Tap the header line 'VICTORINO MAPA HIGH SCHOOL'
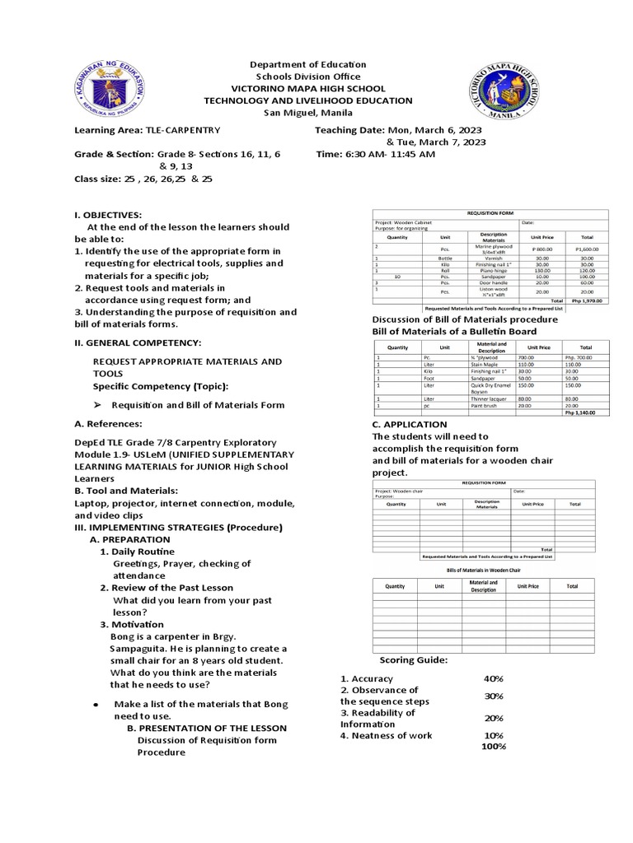[x=308, y=88]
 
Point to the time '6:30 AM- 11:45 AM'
[x=387, y=154]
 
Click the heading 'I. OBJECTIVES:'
[x=108, y=214]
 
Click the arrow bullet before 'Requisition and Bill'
[x=96, y=404]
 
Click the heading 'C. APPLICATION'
[x=410, y=425]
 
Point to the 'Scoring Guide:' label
[x=414, y=660]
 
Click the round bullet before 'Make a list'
[x=97, y=705]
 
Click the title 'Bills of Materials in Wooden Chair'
[x=483, y=570]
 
